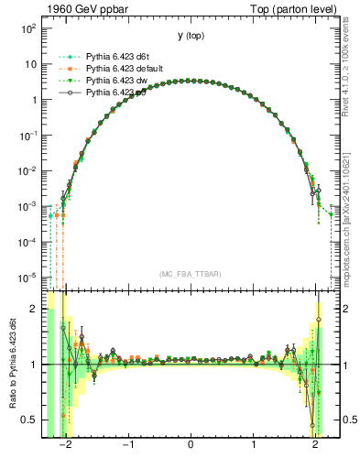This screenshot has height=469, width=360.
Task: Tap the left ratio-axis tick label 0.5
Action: coord(30,420)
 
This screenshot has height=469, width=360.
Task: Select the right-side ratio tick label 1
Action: coord(341,365)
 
